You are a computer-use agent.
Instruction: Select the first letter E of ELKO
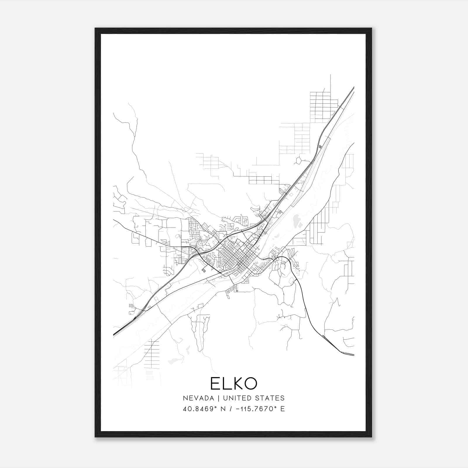216,383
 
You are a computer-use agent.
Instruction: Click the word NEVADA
197,398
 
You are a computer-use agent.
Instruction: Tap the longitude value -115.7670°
257,409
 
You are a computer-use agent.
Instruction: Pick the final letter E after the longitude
282,409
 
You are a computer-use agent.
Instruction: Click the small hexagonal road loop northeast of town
299,160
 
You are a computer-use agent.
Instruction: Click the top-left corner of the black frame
95,29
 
